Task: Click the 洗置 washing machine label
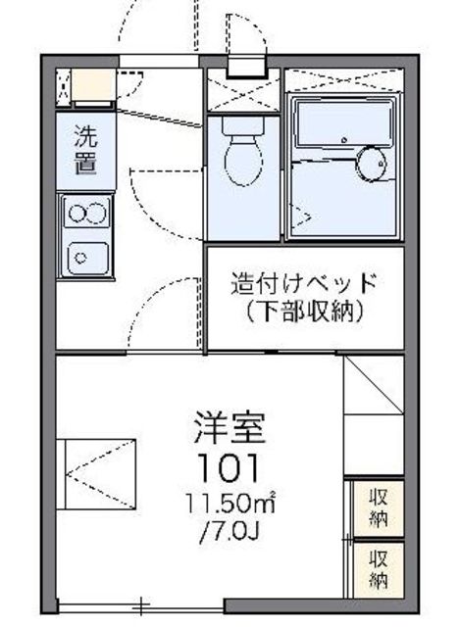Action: point(86,150)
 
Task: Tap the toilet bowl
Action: point(238,163)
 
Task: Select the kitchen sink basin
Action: point(85,257)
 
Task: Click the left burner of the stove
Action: point(76,212)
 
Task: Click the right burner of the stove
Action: point(96,212)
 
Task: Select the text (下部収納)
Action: point(303,313)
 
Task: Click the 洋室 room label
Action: point(229,428)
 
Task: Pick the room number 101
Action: point(229,464)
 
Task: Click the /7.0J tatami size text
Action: point(229,534)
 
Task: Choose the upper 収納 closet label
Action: point(379,506)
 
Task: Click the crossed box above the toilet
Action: point(240,94)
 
